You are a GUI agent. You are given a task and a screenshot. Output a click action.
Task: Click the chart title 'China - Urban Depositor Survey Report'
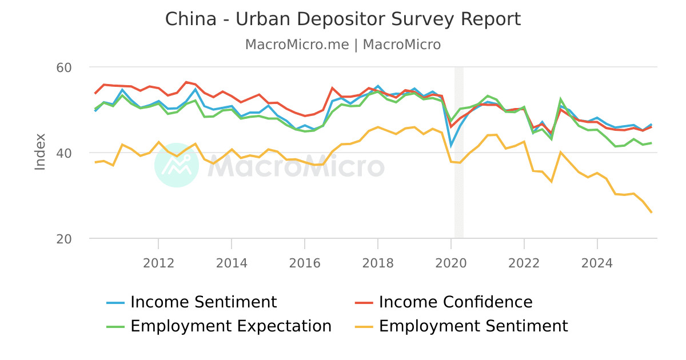coord(343,19)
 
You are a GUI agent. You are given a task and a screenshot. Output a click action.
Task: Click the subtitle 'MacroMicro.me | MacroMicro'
coord(343,45)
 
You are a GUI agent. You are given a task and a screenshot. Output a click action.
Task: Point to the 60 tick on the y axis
coord(63,67)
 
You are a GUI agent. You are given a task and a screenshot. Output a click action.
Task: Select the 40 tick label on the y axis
coord(63,153)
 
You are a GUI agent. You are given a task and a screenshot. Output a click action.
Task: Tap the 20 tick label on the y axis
coord(63,239)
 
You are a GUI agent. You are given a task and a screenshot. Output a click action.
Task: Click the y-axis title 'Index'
coord(40,151)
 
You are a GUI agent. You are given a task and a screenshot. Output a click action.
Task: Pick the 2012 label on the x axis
coord(158,263)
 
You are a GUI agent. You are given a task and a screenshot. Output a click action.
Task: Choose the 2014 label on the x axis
coord(232,263)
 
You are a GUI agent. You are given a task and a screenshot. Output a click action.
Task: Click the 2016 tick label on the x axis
coord(305,263)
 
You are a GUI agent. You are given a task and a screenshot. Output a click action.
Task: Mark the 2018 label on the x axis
coord(378,263)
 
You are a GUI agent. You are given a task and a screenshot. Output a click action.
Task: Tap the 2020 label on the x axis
coord(451,263)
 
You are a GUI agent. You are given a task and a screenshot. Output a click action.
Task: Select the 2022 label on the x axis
coord(524,263)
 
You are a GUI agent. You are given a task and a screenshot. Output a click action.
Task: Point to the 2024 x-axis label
coord(597,263)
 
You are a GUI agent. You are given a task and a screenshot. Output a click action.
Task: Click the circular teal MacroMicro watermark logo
coord(177,165)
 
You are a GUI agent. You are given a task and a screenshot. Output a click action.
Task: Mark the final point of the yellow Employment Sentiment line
coord(651,213)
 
